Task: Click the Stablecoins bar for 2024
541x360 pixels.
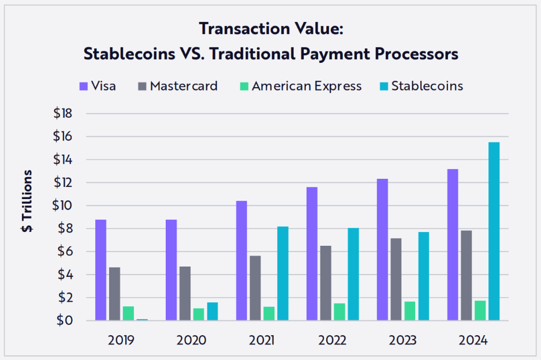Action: (x=494, y=231)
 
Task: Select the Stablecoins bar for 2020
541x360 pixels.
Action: (x=212, y=311)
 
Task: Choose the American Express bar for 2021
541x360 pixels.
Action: (x=268, y=313)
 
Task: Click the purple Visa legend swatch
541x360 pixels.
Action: (x=84, y=86)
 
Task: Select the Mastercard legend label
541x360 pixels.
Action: (x=184, y=86)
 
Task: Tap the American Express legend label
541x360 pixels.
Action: (x=307, y=86)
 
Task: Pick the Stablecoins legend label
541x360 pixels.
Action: (x=427, y=86)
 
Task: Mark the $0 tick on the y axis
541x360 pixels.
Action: (x=65, y=321)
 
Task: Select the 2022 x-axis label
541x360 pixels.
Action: (x=332, y=340)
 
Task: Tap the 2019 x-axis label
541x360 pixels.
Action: (x=121, y=340)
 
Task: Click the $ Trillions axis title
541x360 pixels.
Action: (x=27, y=201)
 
